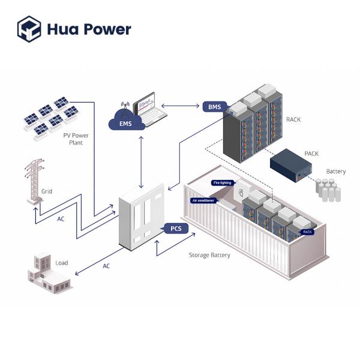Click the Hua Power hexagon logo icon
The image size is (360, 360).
(29, 28)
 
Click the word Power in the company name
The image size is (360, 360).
(106, 29)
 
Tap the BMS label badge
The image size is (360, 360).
(214, 107)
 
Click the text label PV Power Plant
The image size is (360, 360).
(76, 139)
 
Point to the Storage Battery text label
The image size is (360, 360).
(209, 255)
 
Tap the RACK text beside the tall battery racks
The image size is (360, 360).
(293, 119)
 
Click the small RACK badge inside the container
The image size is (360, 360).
(307, 232)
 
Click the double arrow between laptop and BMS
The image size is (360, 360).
(181, 107)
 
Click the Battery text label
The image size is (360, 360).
(335, 172)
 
